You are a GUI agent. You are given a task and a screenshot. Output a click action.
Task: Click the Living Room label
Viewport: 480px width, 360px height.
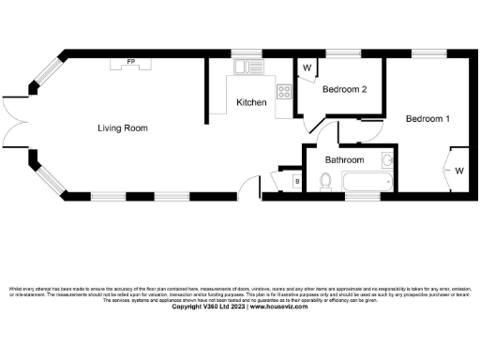coord(122,127)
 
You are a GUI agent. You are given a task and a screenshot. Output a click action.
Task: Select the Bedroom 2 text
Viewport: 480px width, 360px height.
coord(344,90)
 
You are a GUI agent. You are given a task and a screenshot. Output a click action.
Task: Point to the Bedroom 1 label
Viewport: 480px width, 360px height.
coord(427,119)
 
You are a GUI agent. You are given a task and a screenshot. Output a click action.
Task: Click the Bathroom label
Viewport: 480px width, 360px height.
coord(344,160)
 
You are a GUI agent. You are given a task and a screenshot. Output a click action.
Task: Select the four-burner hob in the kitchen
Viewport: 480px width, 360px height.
coord(283,91)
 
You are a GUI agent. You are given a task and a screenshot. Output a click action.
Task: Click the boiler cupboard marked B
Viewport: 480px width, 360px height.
coord(297,180)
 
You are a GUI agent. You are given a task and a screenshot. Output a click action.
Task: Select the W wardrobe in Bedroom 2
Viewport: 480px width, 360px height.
coord(307,67)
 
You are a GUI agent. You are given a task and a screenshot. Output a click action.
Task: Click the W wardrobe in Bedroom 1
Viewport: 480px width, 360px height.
coord(459,171)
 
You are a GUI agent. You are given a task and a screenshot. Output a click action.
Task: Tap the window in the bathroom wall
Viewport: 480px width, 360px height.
coord(359,198)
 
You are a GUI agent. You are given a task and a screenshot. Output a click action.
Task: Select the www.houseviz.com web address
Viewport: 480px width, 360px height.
coord(280,306)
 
